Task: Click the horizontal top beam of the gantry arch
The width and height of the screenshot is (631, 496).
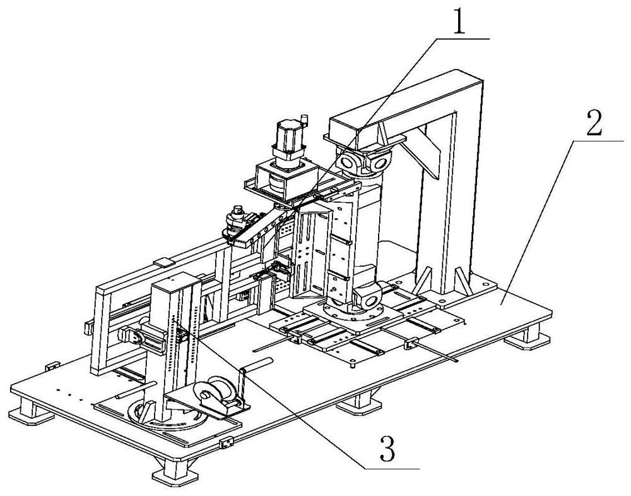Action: point(404,95)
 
